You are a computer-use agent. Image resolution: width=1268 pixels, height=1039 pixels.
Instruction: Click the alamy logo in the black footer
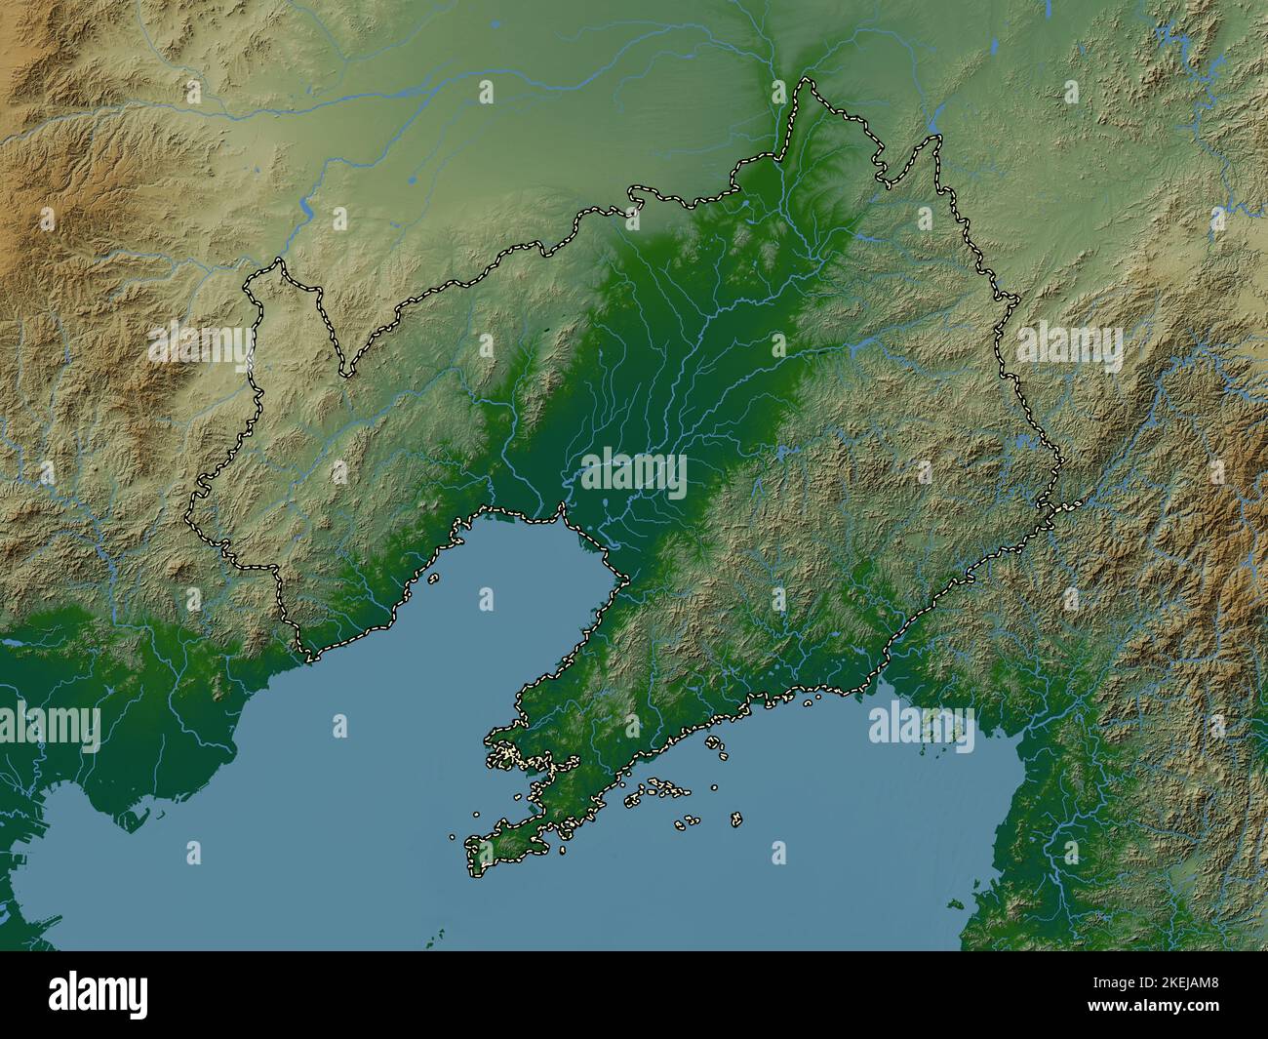99,996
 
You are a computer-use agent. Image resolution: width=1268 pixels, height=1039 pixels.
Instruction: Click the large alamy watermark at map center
633,474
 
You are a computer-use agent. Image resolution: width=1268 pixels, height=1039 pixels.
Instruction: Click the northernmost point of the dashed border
807,79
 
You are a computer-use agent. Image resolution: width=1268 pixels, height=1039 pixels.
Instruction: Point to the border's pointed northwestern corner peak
280,260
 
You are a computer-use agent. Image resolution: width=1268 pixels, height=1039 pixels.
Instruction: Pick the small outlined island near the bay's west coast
432,578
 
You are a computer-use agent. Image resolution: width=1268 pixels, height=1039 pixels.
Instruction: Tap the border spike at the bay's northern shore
561,508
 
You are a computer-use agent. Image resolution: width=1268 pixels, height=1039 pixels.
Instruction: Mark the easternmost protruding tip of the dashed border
1077,503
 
